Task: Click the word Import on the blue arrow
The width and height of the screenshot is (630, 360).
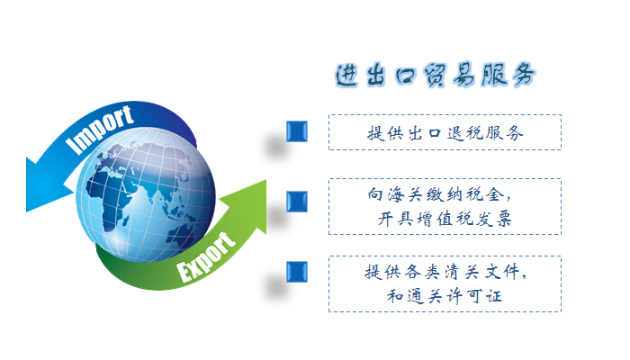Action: coord(100,130)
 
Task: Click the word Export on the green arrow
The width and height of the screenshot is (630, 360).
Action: coord(206,257)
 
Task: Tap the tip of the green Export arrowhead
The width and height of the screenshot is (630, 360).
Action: coord(265,181)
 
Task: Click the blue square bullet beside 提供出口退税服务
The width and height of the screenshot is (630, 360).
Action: coord(297,131)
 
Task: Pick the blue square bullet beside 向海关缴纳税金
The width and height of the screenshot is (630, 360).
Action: coord(297,202)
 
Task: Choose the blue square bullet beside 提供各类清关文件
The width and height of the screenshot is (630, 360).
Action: coord(297,272)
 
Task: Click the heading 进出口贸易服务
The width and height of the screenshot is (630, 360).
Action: coord(436,75)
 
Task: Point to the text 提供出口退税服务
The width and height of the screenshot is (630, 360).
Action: coord(445,133)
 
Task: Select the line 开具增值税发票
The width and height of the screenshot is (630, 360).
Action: coord(445,219)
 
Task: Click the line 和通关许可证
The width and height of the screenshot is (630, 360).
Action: coord(445,296)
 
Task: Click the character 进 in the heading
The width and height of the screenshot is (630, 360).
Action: coord(346,76)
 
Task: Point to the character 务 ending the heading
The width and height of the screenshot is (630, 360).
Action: coord(524,75)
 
